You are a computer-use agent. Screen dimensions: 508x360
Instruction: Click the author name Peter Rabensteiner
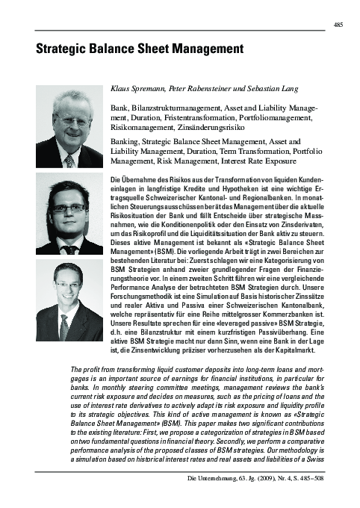[201, 88]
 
